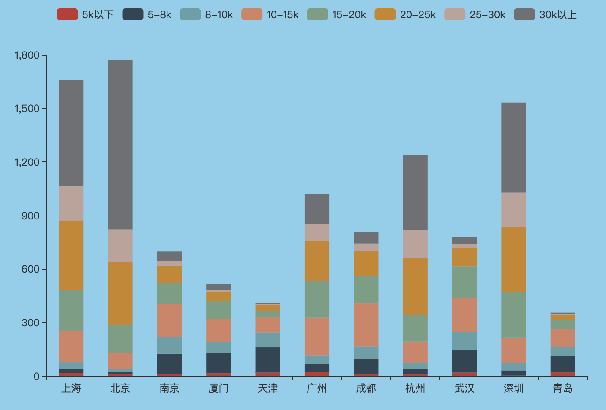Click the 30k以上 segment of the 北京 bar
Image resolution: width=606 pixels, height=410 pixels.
pyautogui.click(x=120, y=145)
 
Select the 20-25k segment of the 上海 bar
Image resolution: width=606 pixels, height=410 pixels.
pyautogui.click(x=71, y=255)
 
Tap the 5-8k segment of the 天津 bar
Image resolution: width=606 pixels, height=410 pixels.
pyautogui.click(x=268, y=360)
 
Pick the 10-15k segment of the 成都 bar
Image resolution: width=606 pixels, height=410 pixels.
pyautogui.click(x=366, y=325)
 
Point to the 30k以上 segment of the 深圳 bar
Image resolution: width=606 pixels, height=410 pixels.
pyautogui.click(x=513, y=148)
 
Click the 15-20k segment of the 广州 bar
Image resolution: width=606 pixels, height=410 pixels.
pyautogui.click(x=317, y=299)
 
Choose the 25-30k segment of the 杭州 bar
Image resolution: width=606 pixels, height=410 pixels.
pyautogui.click(x=415, y=244)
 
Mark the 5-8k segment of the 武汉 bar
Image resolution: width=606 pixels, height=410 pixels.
pyautogui.click(x=464, y=361)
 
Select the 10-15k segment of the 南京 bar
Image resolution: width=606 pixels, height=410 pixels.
pyautogui.click(x=169, y=320)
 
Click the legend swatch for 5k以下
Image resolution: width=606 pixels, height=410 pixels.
pyautogui.click(x=67, y=14)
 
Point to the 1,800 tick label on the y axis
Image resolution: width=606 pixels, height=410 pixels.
pyautogui.click(x=27, y=55)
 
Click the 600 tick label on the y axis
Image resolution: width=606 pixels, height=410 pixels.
pyautogui.click(x=30, y=269)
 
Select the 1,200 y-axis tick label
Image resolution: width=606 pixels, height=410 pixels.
pyautogui.click(x=27, y=162)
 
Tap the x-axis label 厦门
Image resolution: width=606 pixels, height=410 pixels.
pyautogui.click(x=218, y=388)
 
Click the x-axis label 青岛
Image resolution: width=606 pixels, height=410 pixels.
pyautogui.click(x=562, y=388)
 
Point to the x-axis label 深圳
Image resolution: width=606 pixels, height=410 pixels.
pyautogui.click(x=513, y=388)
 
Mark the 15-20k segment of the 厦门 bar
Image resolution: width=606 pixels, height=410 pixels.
pyautogui.click(x=218, y=310)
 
